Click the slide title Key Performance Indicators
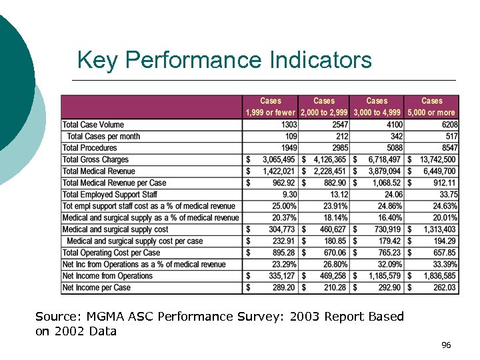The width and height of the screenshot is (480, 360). click(224, 60)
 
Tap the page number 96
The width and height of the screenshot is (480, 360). click(446, 345)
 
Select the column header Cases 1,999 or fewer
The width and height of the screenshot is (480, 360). click(271, 107)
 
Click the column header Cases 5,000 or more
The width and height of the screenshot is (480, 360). click(432, 107)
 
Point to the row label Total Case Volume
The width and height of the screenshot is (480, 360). click(93, 125)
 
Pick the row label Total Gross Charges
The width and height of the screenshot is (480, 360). click(95, 159)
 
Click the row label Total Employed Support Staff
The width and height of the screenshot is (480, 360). click(110, 195)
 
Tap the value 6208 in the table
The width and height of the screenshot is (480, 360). click(447, 125)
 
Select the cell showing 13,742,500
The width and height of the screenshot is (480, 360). click(438, 159)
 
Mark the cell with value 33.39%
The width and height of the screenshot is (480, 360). click(444, 265)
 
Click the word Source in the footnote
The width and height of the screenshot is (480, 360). click(53, 317)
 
